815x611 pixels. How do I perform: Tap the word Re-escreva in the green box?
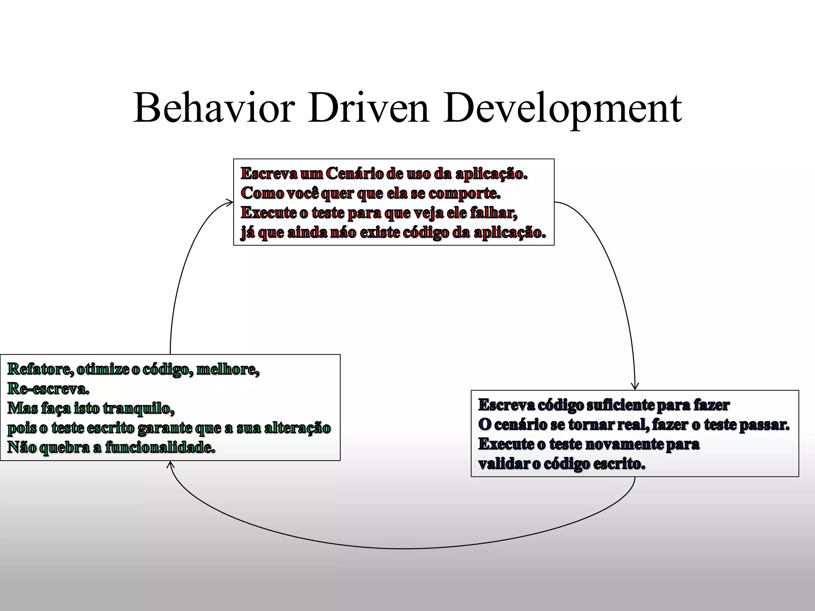click(48, 389)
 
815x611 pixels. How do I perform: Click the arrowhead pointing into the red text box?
click(230, 202)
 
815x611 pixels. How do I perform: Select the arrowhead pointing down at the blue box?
click(635, 386)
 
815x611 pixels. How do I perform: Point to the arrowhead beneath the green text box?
click(170, 464)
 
